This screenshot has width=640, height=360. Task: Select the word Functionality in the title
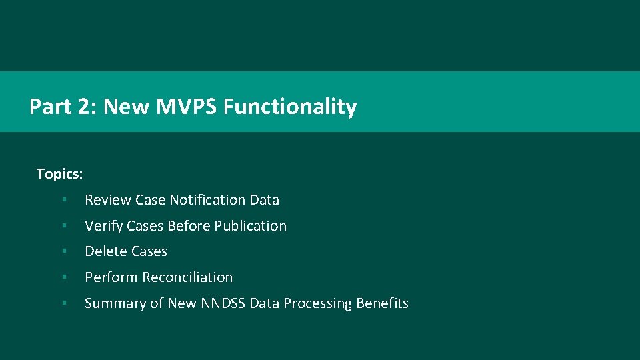coord(290,107)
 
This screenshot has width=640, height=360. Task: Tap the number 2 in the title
coord(85,107)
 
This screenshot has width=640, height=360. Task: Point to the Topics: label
coord(59,174)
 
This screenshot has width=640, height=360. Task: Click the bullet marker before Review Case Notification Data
coord(63,200)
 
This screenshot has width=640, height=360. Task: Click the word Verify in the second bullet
coord(103,226)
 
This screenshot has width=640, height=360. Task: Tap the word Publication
coord(251,226)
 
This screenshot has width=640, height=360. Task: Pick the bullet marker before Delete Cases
coord(63,252)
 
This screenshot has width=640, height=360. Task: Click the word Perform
coord(109,277)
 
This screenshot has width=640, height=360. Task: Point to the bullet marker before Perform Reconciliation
coord(63,277)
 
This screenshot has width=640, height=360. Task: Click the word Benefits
coord(382,303)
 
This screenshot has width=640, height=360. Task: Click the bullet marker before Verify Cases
coord(63,226)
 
